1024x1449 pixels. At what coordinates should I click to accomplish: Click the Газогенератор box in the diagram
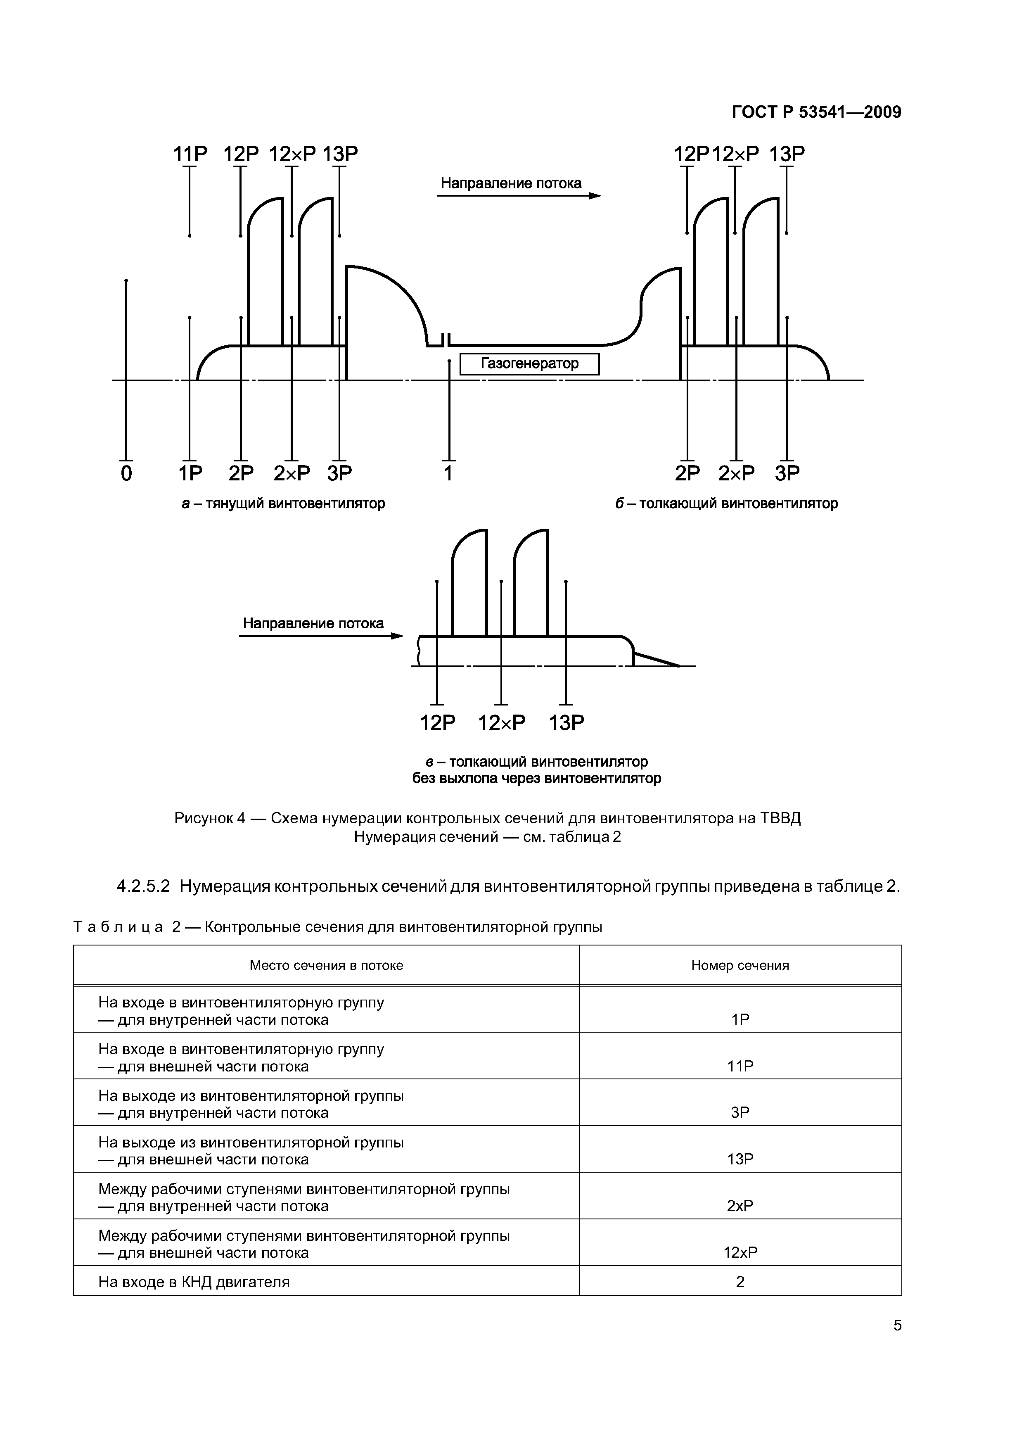[529, 364]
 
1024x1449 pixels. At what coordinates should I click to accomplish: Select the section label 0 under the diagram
[126, 473]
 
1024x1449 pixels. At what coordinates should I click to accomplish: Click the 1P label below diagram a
[190, 473]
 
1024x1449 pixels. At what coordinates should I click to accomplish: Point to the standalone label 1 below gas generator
[448, 473]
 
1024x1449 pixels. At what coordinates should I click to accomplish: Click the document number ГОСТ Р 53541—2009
[816, 112]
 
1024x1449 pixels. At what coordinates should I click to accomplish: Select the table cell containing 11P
[740, 1067]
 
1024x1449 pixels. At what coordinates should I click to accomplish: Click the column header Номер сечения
[740, 965]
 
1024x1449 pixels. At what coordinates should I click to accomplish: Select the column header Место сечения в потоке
[326, 965]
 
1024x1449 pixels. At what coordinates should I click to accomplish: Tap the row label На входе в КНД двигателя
[194, 1282]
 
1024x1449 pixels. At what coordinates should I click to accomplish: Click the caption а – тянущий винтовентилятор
[283, 504]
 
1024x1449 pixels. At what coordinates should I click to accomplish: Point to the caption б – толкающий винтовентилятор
[727, 504]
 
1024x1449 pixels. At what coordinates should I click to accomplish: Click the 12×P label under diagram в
[502, 722]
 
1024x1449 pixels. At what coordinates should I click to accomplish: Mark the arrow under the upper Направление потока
[519, 196]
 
